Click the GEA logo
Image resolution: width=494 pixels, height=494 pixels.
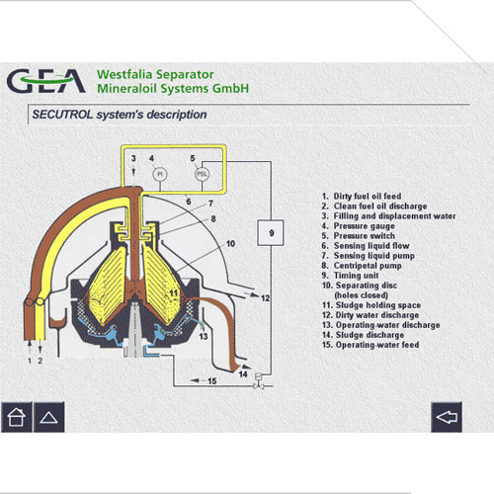click(x=46, y=81)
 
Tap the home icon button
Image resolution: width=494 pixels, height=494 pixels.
click(x=17, y=417)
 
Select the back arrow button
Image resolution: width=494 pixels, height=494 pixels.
click(x=447, y=417)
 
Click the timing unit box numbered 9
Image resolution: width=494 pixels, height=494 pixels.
click(x=271, y=233)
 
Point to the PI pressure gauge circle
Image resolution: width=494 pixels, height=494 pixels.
click(x=160, y=174)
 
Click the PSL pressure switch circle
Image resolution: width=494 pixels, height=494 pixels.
click(x=202, y=174)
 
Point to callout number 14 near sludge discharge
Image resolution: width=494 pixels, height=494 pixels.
click(x=243, y=374)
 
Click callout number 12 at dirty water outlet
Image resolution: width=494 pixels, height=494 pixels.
click(x=265, y=298)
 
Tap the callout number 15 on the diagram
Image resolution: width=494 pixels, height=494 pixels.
click(x=211, y=381)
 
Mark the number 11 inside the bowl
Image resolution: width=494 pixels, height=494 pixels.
click(x=174, y=292)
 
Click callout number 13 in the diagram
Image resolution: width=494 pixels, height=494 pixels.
click(x=204, y=336)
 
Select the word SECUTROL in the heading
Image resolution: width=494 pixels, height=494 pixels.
click(x=62, y=115)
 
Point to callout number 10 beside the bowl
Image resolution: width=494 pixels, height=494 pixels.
click(x=230, y=244)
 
